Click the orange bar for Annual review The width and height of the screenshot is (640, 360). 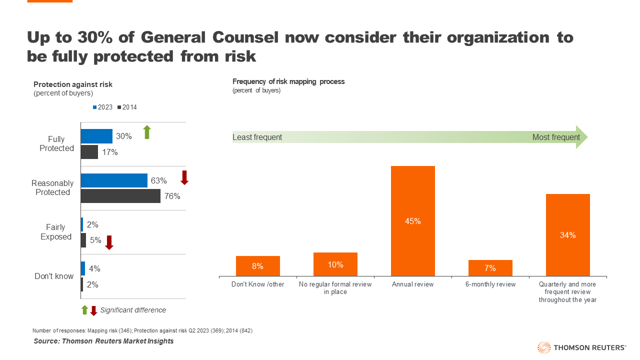412,220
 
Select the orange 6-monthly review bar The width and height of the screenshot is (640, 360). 490,268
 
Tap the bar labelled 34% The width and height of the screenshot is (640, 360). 567,234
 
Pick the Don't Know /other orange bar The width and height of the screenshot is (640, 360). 257,266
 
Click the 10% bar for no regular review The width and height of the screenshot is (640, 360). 335,264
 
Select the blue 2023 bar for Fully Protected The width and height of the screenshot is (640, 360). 96,136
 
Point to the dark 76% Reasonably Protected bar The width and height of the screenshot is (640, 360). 120,196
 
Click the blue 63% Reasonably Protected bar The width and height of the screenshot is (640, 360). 114,180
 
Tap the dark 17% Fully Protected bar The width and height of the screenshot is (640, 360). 89,152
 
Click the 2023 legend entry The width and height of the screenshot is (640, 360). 102,107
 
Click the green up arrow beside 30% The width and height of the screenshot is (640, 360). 147,132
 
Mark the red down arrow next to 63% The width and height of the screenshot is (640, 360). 184,177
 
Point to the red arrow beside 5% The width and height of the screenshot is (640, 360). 109,242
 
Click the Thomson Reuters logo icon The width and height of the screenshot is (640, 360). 543,347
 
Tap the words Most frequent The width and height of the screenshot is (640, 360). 556,137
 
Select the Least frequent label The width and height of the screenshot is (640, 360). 257,137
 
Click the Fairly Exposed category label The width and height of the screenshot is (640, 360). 56,232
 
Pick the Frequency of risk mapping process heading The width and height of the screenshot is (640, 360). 288,81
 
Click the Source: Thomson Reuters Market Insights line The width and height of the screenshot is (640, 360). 103,341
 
